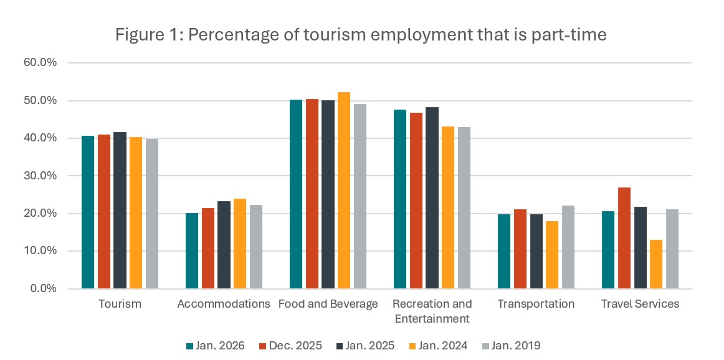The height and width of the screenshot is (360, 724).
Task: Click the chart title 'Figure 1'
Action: (x=361, y=35)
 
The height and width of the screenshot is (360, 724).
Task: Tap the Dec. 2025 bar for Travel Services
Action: (x=624, y=238)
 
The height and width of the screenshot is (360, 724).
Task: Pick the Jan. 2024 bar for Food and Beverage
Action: (x=343, y=191)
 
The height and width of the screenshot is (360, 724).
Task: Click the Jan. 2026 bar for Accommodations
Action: (x=192, y=251)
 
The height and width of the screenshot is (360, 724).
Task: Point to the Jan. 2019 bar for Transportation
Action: (x=568, y=247)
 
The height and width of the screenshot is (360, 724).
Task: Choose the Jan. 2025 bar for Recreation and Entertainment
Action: (x=432, y=198)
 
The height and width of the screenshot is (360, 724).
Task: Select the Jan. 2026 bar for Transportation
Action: (x=504, y=252)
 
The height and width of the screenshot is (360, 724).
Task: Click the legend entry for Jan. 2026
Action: (x=216, y=346)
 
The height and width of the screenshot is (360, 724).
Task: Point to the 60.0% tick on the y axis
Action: (x=40, y=63)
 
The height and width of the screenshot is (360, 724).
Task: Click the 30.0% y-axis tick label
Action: (x=40, y=176)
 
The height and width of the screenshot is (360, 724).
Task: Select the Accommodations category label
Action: (x=224, y=304)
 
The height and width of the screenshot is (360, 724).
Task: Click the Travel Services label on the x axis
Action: (x=640, y=304)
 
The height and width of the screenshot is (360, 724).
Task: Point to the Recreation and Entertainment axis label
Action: (x=432, y=311)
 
